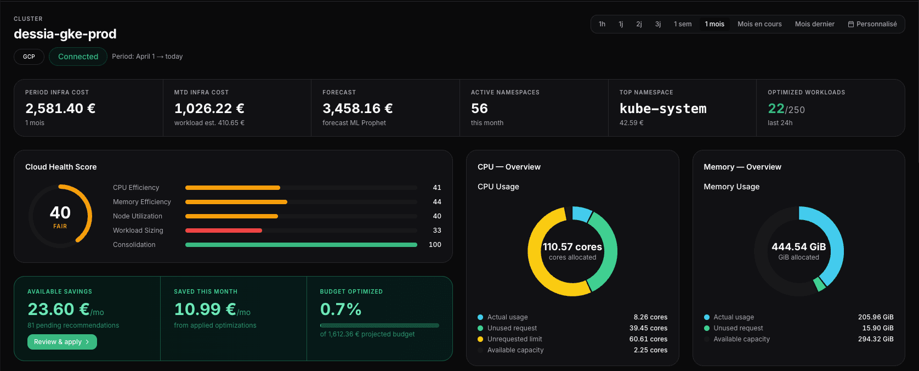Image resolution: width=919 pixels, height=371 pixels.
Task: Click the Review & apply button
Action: coord(62,342)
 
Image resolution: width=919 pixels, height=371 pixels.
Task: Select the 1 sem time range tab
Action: coord(682,24)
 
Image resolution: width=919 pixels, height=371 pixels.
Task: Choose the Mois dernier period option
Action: coord(814,24)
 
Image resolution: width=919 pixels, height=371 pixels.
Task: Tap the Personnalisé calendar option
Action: coord(872,24)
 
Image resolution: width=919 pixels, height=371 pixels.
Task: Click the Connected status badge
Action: coord(78,57)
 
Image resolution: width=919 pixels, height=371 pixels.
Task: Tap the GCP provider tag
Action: coord(29,57)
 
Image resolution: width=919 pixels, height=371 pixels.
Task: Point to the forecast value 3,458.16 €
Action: coord(358,109)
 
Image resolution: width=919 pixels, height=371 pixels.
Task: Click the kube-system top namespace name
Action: coord(662,109)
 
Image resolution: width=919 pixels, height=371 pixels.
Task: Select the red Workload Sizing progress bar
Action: coord(224,231)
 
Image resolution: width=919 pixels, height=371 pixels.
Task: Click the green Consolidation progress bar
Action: coord(301,245)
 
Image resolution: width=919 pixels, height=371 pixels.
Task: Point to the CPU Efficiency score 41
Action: coord(436,188)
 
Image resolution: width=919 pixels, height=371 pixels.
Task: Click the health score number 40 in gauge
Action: coord(60,212)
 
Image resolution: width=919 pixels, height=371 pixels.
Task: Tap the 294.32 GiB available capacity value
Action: coord(875,339)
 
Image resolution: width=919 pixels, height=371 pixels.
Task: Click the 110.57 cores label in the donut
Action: coord(572,247)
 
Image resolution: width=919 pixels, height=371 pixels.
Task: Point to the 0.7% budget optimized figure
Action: coord(341,310)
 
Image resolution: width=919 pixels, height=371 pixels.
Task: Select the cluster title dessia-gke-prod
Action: coord(65,34)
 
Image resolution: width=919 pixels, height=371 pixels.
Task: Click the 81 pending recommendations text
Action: coord(73,325)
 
